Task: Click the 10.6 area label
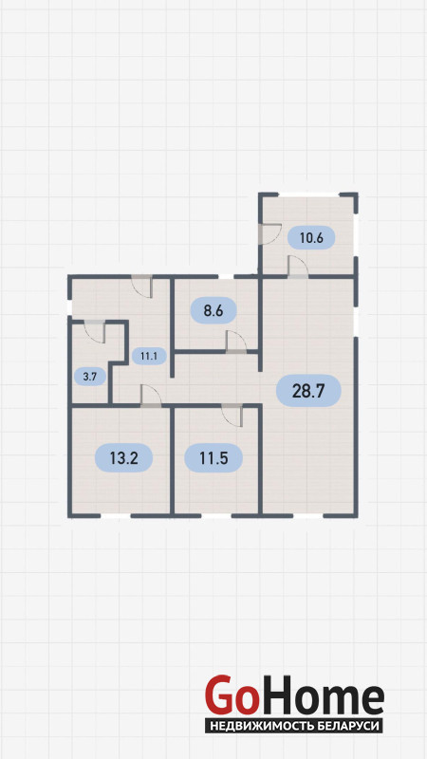point(311,237)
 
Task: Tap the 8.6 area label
point(213,311)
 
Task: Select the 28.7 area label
point(308,391)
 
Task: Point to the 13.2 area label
point(124,458)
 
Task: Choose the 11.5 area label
point(213,458)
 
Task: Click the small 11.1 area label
point(149,357)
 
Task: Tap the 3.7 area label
point(89,377)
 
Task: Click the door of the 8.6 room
point(236,342)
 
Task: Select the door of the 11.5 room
point(232,416)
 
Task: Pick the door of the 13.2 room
point(151,396)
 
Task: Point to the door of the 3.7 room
point(94,331)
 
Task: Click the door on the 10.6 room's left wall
point(269,233)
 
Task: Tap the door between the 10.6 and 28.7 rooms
point(298,268)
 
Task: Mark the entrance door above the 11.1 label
point(142,287)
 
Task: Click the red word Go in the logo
point(231,695)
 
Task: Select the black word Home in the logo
point(321,695)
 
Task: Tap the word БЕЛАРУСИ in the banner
point(352,726)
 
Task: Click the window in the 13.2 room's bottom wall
point(115,516)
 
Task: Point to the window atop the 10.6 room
point(309,194)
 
